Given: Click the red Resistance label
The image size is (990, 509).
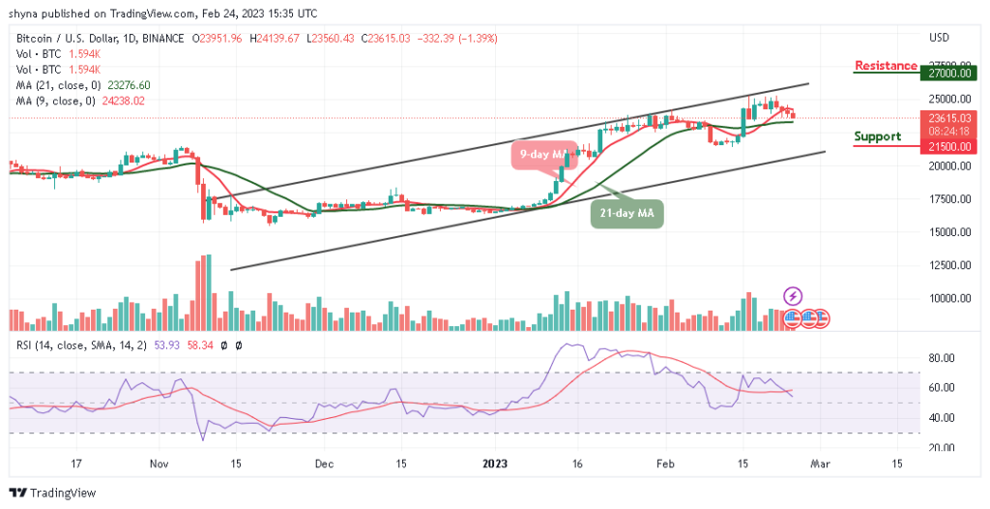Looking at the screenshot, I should [885, 66].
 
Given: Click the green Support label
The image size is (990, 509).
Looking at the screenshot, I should [877, 136].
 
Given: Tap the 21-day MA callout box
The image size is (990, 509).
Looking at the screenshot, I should [626, 213].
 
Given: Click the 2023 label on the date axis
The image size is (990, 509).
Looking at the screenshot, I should [500, 464].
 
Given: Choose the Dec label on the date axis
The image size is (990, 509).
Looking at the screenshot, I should [324, 464].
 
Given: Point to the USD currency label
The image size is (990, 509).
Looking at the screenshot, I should [939, 38].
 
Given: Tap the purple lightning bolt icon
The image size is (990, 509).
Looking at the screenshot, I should [792, 295].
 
